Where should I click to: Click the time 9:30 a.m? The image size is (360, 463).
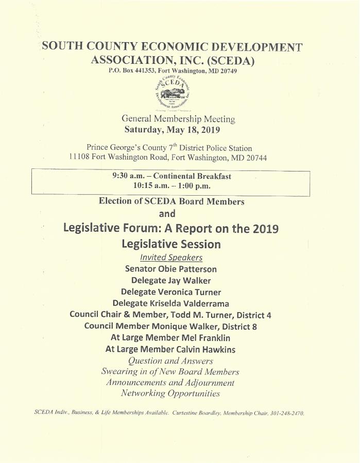(125, 176)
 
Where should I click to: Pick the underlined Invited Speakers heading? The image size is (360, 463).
(171, 257)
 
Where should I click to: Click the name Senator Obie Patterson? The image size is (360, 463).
(171, 269)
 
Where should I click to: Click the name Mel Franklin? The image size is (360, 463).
(201, 338)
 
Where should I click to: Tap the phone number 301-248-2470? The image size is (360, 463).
(283, 414)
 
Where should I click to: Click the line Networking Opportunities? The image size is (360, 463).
(170, 394)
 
